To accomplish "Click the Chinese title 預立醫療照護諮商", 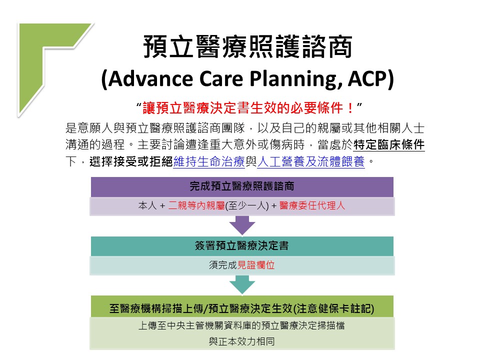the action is [248, 46].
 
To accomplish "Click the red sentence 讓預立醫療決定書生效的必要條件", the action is [243, 108].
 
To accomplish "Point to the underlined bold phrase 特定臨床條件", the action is [389, 144].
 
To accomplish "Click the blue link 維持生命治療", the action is [209, 161].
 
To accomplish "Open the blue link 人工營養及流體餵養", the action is [311, 161].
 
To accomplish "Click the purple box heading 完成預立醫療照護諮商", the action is [242, 186].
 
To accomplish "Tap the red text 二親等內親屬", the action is [196, 205].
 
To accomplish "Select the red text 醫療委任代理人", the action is [312, 205].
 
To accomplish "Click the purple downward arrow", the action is [242, 225].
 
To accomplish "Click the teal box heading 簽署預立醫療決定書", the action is [242, 245].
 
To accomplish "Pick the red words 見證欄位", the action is [256, 265].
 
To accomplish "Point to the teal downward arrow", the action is [242, 284].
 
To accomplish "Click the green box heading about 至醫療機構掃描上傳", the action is [242, 308].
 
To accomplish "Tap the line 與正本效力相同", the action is [242, 341].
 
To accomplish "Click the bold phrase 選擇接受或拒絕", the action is [131, 161].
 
